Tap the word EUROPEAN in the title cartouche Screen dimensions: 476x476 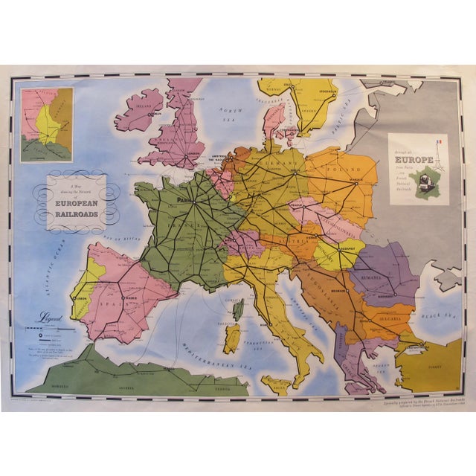coord(77,201)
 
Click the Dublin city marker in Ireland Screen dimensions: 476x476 coord(149,115)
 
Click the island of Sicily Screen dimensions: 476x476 coord(277,384)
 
